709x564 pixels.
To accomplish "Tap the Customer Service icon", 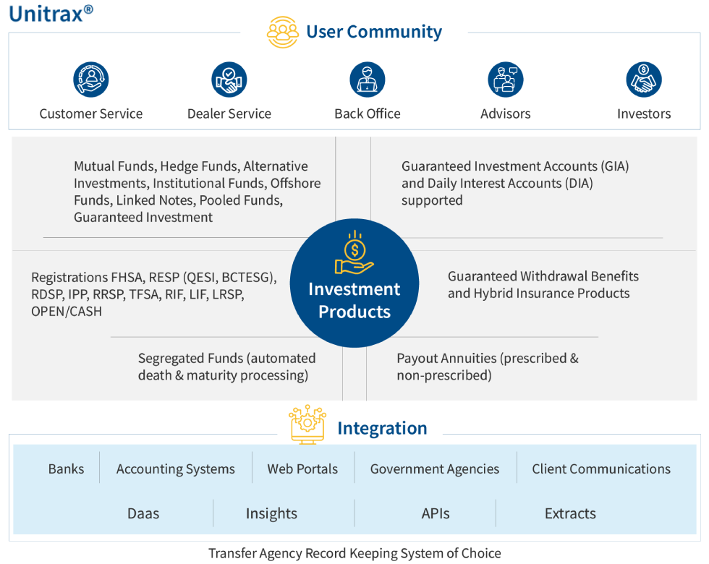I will tap(91, 80).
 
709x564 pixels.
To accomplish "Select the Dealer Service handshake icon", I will tap(229, 80).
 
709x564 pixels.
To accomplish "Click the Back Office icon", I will tap(368, 80).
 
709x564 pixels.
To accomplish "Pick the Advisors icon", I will tap(505, 80).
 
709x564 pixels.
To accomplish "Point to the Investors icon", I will tap(644, 80).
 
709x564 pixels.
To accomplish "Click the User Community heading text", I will tap(374, 32).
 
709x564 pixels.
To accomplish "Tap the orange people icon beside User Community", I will tap(282, 33).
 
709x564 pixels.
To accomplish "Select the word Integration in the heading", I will tap(382, 428).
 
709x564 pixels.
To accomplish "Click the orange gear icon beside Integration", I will tap(307, 424).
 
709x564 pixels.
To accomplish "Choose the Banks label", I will tap(67, 469).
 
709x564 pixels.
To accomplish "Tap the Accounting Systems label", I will tap(176, 469).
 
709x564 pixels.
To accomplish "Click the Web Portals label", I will tap(302, 469).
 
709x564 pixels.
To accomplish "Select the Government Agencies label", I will tap(435, 469).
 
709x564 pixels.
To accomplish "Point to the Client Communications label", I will tap(601, 469).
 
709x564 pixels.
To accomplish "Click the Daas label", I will tap(143, 513).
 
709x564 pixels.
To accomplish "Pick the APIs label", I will tap(436, 513).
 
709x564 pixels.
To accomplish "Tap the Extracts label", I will tap(570, 513).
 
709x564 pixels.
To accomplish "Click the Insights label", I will tap(271, 513).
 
